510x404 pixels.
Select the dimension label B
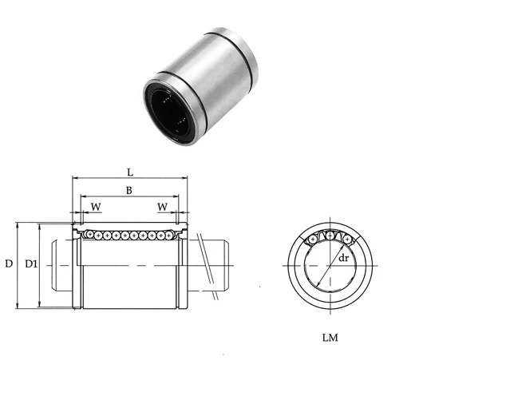(x=130, y=189)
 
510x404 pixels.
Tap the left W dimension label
(x=96, y=207)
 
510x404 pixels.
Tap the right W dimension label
(x=164, y=207)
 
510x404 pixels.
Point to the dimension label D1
(x=30, y=263)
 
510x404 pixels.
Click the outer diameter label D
(x=8, y=263)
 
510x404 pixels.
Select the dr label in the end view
(x=343, y=258)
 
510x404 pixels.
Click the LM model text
(x=330, y=338)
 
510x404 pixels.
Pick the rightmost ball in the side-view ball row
(x=169, y=235)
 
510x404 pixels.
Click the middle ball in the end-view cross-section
(x=330, y=236)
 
